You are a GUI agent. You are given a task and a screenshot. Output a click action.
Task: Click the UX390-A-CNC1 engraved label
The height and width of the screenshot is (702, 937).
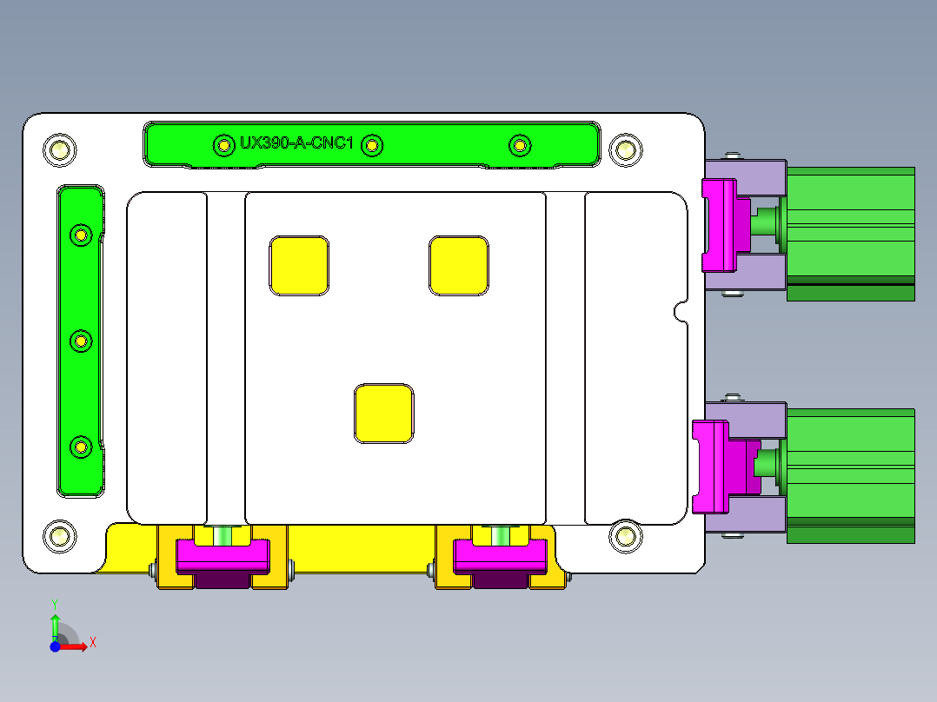[296, 143]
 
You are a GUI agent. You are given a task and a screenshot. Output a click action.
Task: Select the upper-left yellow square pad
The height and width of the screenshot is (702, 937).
[299, 264]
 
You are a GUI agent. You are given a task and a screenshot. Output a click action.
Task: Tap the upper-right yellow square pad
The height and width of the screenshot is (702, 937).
[458, 264]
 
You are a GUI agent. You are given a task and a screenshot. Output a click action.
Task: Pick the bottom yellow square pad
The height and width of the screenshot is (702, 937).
[383, 413]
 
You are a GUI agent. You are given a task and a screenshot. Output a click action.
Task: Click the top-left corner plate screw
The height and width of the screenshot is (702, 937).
[60, 150]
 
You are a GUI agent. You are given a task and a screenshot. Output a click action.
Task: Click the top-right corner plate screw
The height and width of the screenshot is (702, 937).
[624, 149]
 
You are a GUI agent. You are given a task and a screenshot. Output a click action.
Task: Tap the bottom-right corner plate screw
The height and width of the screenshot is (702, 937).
[624, 535]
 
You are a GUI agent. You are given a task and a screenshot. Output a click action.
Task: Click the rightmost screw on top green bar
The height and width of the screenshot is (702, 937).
[520, 145]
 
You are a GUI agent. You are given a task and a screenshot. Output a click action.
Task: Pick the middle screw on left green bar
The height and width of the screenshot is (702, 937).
[81, 341]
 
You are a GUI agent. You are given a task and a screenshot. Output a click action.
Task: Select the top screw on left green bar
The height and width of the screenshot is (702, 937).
[81, 235]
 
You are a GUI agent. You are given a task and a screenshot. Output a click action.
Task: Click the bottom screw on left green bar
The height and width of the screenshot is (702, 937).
[81, 447]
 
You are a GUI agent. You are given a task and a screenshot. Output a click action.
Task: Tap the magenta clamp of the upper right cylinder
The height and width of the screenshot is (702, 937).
[720, 224]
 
